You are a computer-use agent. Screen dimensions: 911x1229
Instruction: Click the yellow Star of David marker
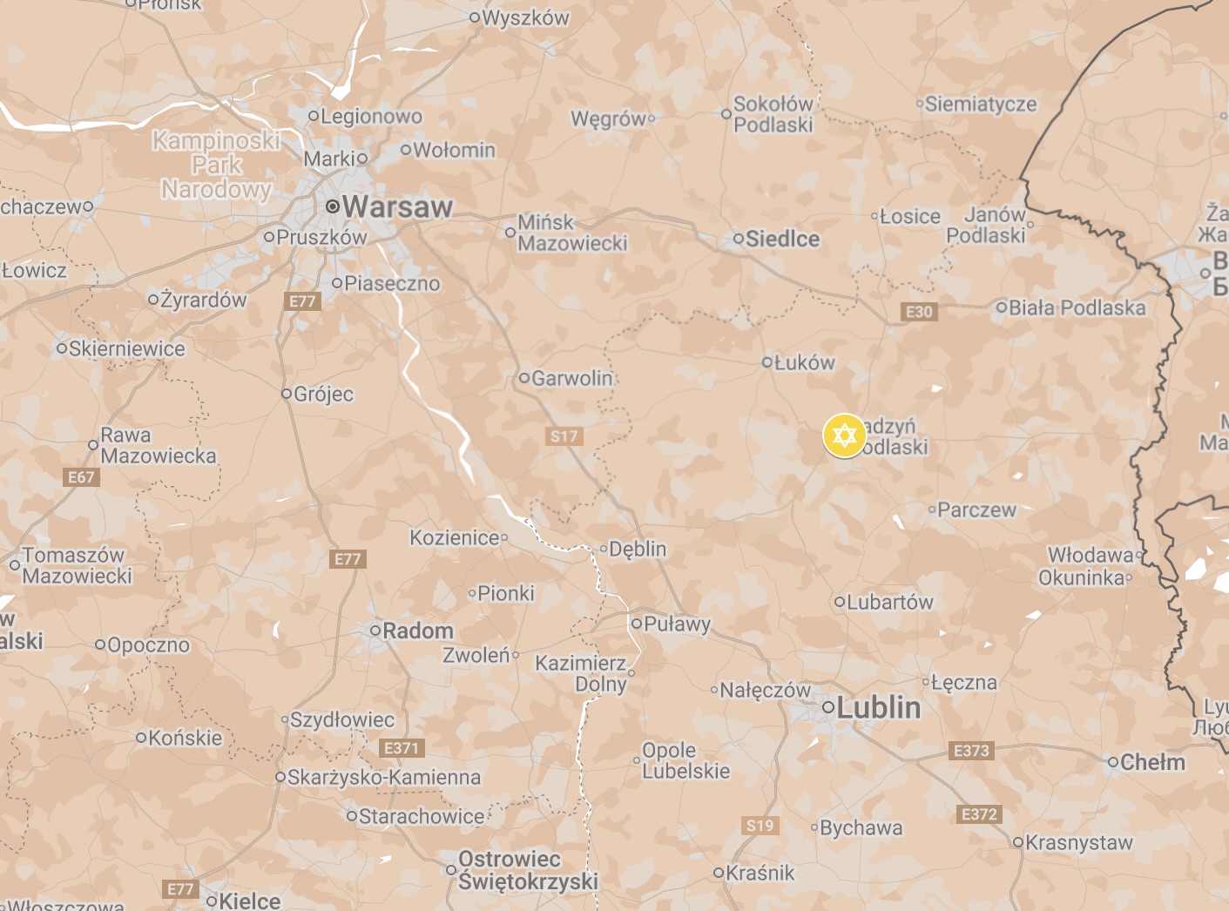click(844, 435)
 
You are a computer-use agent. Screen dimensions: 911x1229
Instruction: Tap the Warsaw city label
click(397, 207)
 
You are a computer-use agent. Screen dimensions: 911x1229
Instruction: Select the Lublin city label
click(878, 708)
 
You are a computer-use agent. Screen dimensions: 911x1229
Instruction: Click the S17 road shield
click(564, 436)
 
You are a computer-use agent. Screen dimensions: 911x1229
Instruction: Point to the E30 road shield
click(919, 312)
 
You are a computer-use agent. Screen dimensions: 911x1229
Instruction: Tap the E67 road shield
click(81, 477)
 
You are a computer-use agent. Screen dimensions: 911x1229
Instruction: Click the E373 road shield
click(971, 751)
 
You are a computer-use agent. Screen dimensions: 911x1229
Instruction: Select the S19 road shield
click(760, 826)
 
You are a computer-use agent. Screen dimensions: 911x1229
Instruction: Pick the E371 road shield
click(402, 748)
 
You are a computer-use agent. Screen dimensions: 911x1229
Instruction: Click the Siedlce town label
click(782, 239)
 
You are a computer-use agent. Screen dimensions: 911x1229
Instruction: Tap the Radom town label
click(417, 631)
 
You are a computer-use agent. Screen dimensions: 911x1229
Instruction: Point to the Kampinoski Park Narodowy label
click(216, 165)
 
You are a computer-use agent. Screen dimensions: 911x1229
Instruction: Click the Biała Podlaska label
click(1077, 307)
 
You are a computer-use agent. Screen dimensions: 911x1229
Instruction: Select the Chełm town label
click(1152, 762)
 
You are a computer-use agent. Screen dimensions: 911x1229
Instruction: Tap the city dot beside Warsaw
click(332, 206)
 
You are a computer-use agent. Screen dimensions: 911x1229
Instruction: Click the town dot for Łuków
click(766, 362)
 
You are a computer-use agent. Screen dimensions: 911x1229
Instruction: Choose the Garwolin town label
click(571, 378)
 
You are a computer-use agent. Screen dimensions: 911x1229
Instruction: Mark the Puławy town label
click(677, 624)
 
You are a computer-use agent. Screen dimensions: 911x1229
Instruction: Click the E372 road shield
click(979, 814)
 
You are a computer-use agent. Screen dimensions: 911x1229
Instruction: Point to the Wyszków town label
click(525, 17)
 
